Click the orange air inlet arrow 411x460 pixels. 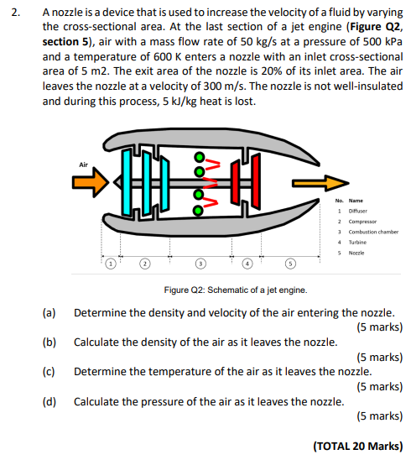(x=91, y=182)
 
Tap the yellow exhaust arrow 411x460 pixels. (x=320, y=183)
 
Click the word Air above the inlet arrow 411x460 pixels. (x=83, y=165)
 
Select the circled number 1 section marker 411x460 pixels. (x=111, y=264)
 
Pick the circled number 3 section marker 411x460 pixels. (x=200, y=264)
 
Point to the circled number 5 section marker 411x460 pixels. (x=290, y=264)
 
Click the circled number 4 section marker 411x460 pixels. (x=247, y=264)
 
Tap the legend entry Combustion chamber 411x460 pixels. (x=373, y=232)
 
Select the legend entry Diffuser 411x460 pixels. (x=357, y=211)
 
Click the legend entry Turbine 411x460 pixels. (x=357, y=242)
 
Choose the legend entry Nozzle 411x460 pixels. (x=356, y=253)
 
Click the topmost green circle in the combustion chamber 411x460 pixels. (x=200, y=157)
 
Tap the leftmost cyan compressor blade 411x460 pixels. (x=127, y=182)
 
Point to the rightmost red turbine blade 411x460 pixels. (x=256, y=181)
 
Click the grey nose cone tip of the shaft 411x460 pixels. (x=115, y=182)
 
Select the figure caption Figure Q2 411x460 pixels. (x=236, y=290)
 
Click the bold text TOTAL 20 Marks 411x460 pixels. (x=358, y=447)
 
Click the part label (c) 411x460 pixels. (x=49, y=372)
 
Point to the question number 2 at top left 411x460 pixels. (x=15, y=13)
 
